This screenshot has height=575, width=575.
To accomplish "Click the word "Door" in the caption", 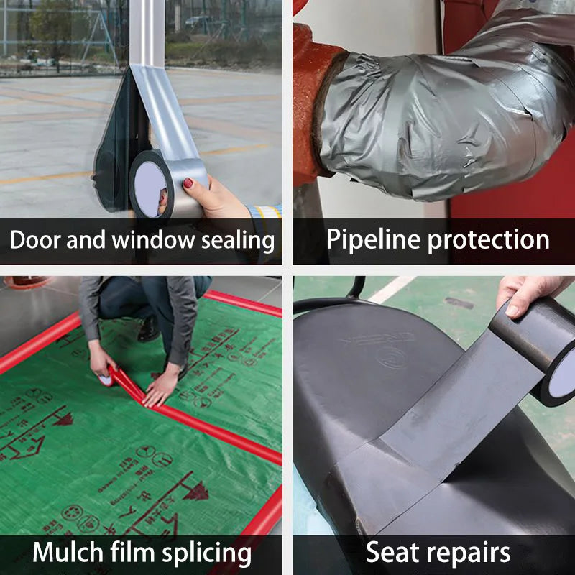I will click(x=34, y=240).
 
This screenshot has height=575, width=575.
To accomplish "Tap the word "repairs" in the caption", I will click(x=470, y=553).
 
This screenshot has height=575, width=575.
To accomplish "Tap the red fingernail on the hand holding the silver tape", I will click(x=189, y=183).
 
